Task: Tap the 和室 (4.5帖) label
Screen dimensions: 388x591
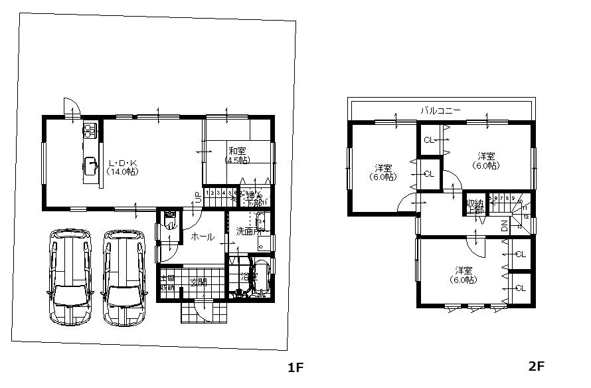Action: [x=237, y=155]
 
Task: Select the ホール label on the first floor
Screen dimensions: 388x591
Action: [x=202, y=237]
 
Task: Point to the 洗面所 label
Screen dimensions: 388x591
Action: [x=248, y=231]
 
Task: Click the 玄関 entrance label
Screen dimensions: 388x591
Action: [x=199, y=281]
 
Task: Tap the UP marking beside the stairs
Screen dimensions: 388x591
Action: [x=198, y=197]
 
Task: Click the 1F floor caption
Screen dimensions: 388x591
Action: [x=295, y=366]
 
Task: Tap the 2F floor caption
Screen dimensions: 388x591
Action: [x=536, y=366]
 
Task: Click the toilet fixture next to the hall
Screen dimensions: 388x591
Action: [x=171, y=220]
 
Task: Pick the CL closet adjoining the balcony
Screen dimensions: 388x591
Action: [x=428, y=140]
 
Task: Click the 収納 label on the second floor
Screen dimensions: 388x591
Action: [x=474, y=207]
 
